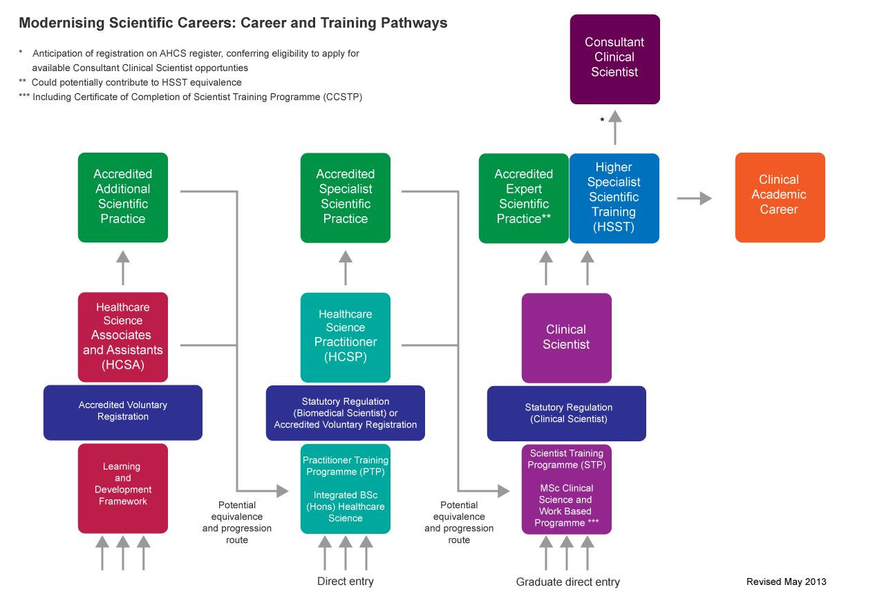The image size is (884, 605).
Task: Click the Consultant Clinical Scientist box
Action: [x=614, y=59]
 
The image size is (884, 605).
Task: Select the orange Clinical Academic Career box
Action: [x=780, y=198]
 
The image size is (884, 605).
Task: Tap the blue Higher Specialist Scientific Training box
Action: [x=614, y=198]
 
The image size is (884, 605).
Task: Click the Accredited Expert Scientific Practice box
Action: [x=524, y=198]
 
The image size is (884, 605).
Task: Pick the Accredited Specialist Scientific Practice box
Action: [x=346, y=198]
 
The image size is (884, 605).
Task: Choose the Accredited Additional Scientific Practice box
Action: [x=123, y=198]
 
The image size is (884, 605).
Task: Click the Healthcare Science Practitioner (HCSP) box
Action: [x=346, y=338]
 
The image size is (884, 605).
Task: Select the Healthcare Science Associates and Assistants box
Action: [x=123, y=337]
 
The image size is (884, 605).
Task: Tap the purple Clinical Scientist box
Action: [x=566, y=338]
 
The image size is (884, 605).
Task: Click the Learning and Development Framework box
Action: [x=123, y=489]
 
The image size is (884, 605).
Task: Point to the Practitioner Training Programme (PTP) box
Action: [x=346, y=489]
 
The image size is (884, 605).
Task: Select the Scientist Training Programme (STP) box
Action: [x=566, y=490]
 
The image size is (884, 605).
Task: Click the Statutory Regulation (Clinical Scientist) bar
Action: [x=566, y=413]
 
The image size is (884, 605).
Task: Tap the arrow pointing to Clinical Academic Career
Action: [x=695, y=198]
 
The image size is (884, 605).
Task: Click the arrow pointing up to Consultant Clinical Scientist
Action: [x=615, y=127]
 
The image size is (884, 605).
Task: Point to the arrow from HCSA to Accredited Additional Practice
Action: [x=123, y=268]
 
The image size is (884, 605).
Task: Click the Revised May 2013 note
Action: [x=786, y=582]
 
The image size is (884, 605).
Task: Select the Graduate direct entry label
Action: [x=568, y=582]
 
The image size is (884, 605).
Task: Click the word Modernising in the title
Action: [x=62, y=23]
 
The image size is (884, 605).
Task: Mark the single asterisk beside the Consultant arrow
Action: [x=602, y=119]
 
